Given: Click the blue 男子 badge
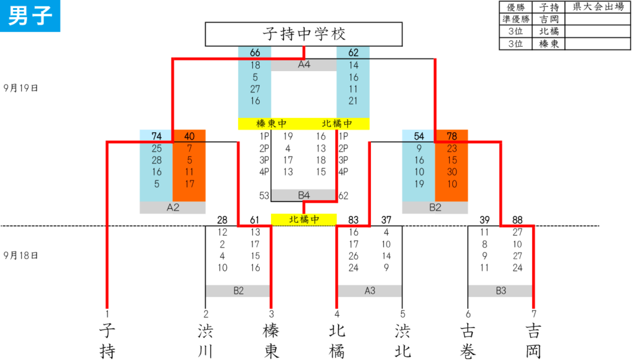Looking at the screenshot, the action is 30,15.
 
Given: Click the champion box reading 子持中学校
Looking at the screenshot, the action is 304,34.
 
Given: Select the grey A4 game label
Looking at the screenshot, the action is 304,65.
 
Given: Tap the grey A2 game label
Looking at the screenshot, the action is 173,207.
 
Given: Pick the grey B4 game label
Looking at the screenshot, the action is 304,196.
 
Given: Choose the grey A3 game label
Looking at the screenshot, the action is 370,291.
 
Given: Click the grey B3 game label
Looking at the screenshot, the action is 501,291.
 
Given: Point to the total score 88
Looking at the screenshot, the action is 517,220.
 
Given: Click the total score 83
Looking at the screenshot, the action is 353,220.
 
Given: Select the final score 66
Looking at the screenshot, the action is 255,53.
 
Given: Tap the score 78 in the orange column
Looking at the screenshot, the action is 452,136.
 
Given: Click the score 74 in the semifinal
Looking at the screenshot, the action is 156,136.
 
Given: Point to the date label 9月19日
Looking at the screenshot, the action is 20,88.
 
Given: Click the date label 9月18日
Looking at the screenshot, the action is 20,256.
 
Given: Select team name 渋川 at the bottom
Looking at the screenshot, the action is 205,341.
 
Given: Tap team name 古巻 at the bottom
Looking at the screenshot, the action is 468,341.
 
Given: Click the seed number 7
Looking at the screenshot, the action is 534,314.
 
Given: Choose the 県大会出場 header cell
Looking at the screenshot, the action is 598,7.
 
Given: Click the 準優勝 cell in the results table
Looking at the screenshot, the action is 515,19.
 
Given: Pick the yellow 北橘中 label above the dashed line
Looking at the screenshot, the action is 304,220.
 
